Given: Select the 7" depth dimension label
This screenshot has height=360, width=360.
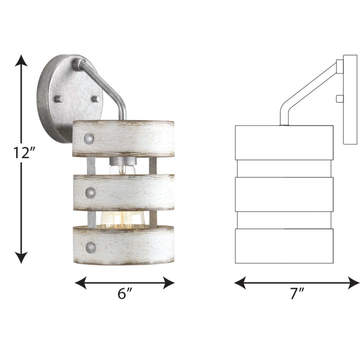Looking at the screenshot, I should click(x=297, y=294).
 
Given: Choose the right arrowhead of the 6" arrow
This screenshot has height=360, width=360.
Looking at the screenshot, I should click(x=169, y=282).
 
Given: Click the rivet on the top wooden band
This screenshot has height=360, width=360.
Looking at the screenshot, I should click(x=89, y=138).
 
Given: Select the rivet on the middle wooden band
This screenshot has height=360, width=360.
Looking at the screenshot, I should click(x=91, y=193).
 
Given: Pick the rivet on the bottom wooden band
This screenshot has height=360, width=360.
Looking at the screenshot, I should click(x=91, y=247).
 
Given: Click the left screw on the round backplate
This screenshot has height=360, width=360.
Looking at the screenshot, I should click(x=59, y=98).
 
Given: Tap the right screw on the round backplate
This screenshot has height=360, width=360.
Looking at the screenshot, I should click(x=96, y=98).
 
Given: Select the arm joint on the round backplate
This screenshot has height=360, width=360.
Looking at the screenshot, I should click(x=77, y=64).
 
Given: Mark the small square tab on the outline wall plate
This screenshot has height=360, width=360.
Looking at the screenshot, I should click(x=339, y=98).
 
